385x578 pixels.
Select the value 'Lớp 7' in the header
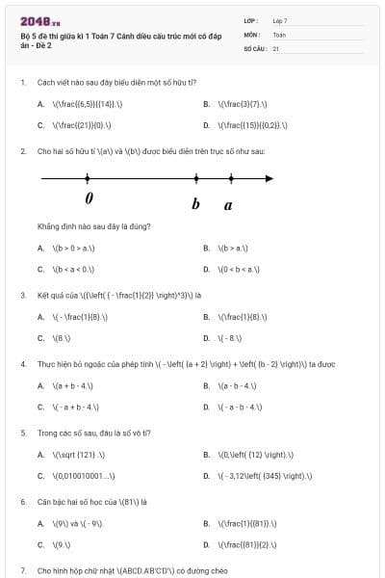click(x=280, y=20)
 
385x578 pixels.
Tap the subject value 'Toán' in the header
click(x=279, y=34)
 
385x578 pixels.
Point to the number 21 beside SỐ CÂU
click(x=276, y=47)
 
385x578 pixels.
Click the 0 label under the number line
click(x=89, y=198)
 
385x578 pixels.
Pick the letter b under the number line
click(x=195, y=204)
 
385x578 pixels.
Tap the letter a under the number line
click(x=228, y=204)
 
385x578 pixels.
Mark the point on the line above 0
click(x=88, y=178)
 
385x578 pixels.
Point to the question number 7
click(x=22, y=571)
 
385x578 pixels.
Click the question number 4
click(x=22, y=364)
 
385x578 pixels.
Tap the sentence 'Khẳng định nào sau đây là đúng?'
click(x=87, y=226)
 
